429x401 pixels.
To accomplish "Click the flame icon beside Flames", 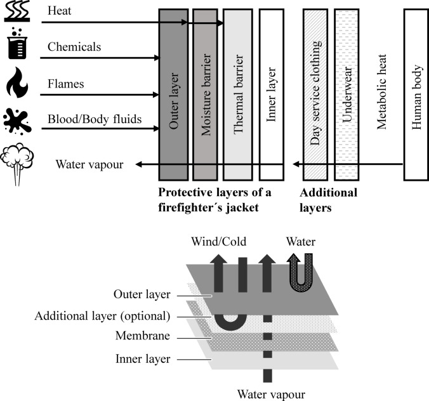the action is coord(17,82).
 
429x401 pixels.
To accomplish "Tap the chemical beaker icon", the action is coord(17,43).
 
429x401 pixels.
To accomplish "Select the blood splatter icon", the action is coord(17,121).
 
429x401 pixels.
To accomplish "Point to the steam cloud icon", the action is coord(17,164).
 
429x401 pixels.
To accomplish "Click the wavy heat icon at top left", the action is coord(17,11).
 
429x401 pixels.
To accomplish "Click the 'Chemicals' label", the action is coord(74,47).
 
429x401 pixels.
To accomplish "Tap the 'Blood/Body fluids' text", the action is coord(95,119).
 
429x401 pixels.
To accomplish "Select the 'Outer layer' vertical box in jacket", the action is coord(173,95).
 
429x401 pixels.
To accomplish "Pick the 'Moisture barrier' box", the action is coord(206,95).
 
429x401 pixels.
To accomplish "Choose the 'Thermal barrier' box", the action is coord(238,95).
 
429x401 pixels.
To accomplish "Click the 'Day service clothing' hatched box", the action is coord(315,95).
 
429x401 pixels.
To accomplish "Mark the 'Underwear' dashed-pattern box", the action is coord(346,95).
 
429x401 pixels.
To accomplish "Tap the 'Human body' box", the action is coord(416,95).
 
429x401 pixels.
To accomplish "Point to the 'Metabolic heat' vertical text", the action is coord(381,91).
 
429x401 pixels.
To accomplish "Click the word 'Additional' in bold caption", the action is coord(328,193).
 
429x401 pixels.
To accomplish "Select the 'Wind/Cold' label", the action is coord(218,242).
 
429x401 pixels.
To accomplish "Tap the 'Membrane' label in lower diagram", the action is coord(143,336).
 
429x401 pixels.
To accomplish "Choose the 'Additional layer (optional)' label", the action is coord(102,316).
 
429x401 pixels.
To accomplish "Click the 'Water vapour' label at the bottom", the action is coord(271,395).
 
